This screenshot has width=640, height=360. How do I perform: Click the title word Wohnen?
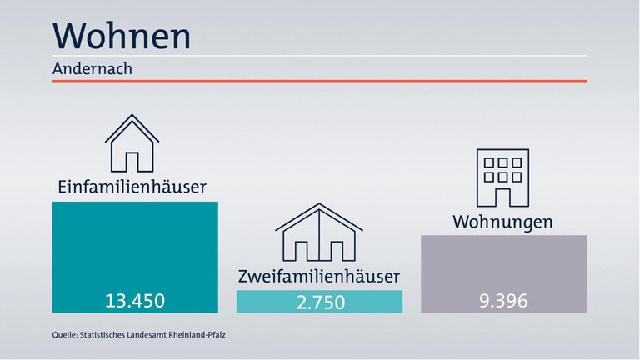click(x=122, y=36)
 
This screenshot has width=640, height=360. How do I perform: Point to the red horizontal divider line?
click(x=320, y=81)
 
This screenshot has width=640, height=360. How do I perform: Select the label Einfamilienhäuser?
click(x=132, y=186)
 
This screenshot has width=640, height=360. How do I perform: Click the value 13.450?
click(x=135, y=300)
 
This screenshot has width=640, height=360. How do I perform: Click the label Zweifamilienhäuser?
click(x=319, y=275)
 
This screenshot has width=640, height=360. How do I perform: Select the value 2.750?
click(x=320, y=302)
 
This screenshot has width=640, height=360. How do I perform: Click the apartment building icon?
click(x=502, y=177)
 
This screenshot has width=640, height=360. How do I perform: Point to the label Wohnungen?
click(x=502, y=222)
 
